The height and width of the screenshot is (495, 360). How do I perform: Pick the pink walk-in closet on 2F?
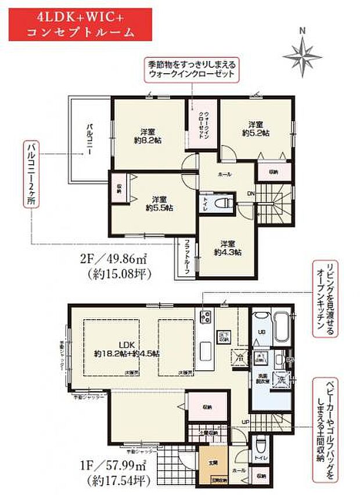click(x=196, y=124)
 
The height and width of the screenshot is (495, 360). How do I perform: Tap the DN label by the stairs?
click(x=251, y=194)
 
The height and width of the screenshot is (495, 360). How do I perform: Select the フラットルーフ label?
click(x=188, y=255)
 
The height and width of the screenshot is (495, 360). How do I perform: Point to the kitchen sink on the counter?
click(x=207, y=351)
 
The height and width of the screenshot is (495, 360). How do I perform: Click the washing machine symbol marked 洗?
click(x=280, y=380)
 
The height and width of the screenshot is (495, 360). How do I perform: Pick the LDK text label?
click(x=127, y=344)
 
